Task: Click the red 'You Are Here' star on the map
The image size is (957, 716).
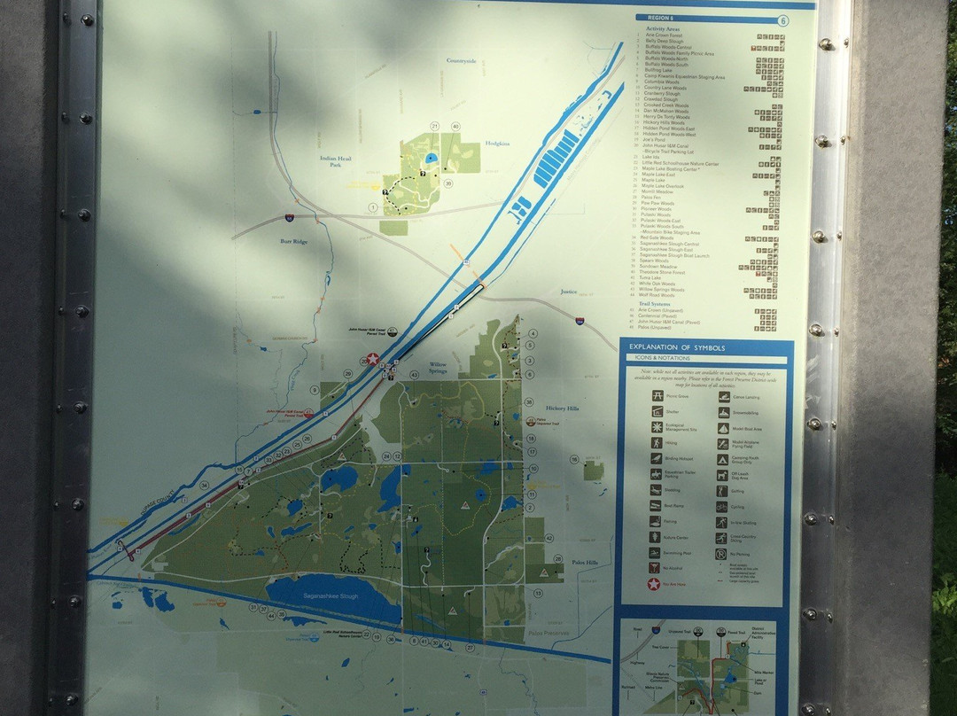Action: click(373, 359)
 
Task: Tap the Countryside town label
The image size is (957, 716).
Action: click(461, 61)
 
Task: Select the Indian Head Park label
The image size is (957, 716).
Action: click(336, 161)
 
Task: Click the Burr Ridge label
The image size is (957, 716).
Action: click(293, 240)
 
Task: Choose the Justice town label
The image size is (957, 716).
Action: click(568, 291)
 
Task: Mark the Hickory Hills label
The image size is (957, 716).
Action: click(562, 409)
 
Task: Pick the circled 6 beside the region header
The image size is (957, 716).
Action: click(782, 19)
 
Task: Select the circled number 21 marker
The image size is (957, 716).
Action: click(434, 127)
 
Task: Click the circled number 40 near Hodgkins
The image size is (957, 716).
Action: click(455, 127)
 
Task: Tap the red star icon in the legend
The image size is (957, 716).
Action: click(655, 584)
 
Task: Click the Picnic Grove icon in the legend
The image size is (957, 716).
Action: click(657, 396)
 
